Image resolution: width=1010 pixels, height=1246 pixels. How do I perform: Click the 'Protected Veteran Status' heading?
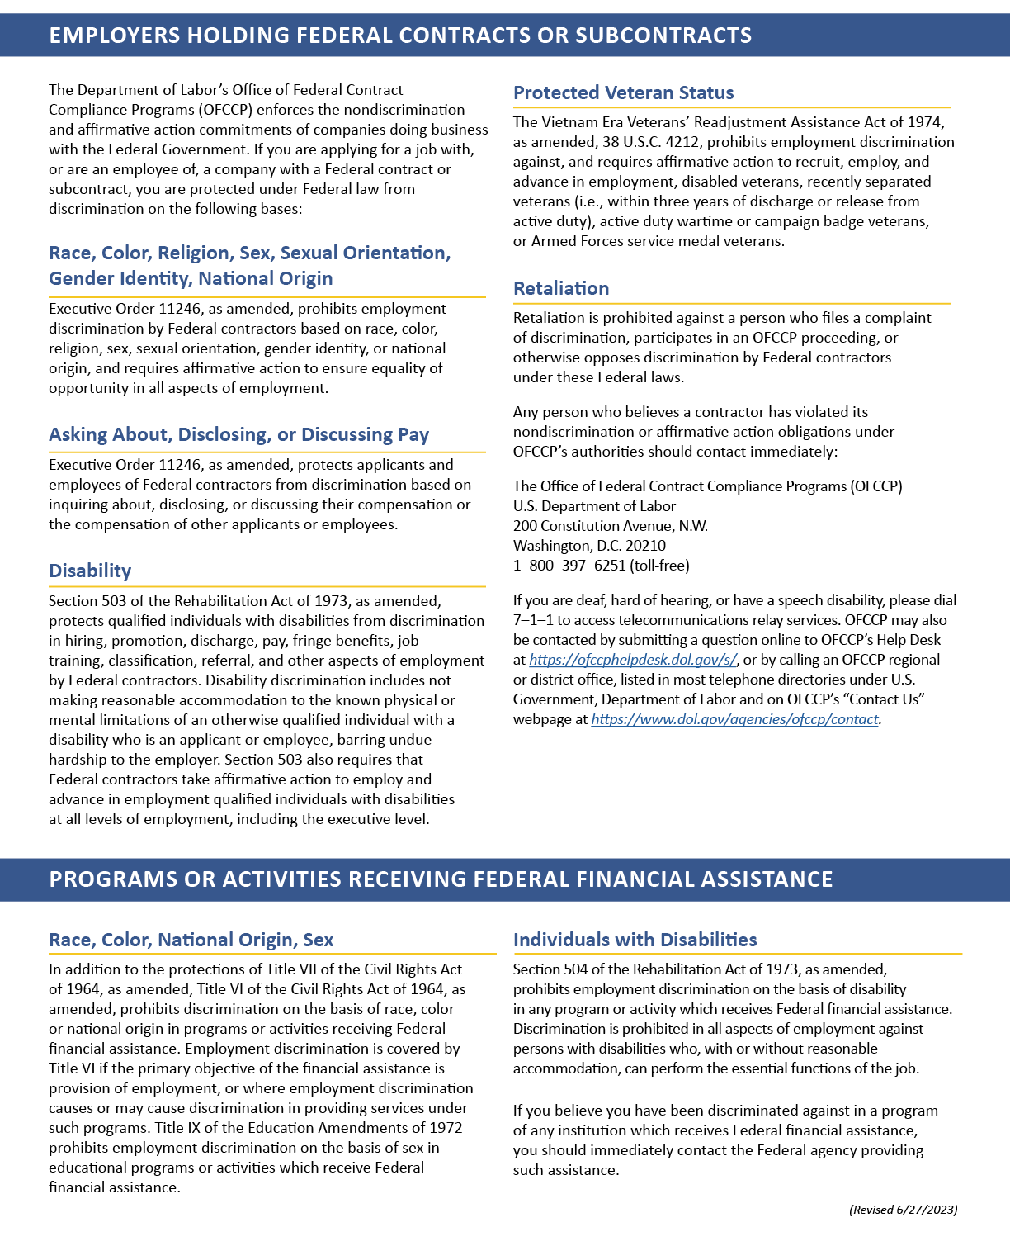pos(623,92)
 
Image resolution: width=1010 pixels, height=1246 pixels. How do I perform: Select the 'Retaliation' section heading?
pos(561,288)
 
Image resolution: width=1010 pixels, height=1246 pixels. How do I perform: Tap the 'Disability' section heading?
pos(90,571)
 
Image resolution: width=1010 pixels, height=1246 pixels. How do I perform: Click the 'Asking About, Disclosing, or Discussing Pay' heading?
pos(238,434)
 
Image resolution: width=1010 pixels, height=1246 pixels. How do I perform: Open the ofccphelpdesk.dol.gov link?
pos(632,660)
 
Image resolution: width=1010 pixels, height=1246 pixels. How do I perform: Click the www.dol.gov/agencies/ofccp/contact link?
pos(734,719)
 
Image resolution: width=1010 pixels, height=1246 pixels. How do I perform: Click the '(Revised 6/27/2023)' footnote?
pos(904,1210)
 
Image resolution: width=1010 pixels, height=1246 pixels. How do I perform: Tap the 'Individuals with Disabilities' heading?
pos(635,940)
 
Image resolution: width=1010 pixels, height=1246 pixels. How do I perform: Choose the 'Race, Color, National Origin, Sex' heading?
pos(191,940)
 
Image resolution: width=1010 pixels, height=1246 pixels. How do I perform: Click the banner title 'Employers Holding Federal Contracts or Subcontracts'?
pos(400,36)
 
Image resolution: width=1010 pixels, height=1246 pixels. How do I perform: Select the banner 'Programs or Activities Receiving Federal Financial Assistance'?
pos(441,879)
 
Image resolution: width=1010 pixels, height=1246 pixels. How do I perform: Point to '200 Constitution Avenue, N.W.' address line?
pos(610,526)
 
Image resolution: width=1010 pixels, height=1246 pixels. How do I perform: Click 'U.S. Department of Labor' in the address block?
pos(594,506)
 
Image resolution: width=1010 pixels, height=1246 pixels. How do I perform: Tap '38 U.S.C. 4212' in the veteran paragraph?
pos(652,142)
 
